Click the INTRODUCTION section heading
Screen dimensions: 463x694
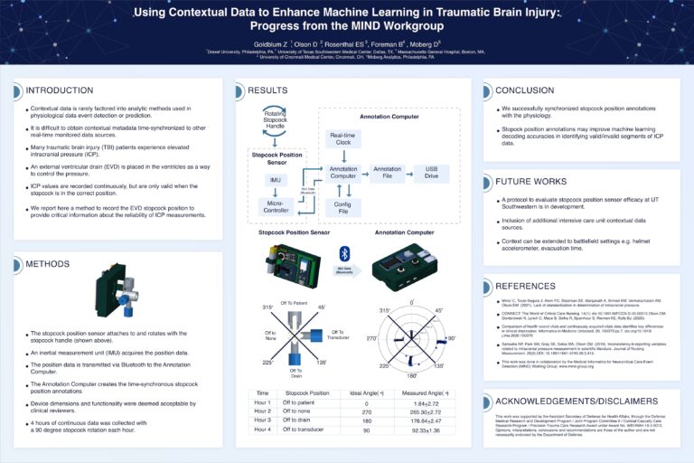pyautogui.click(x=60, y=90)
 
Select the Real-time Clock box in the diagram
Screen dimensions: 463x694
pyautogui.click(x=342, y=138)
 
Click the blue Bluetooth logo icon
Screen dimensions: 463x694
pyautogui.click(x=343, y=252)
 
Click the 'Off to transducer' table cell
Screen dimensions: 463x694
pyautogui.click(x=309, y=430)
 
